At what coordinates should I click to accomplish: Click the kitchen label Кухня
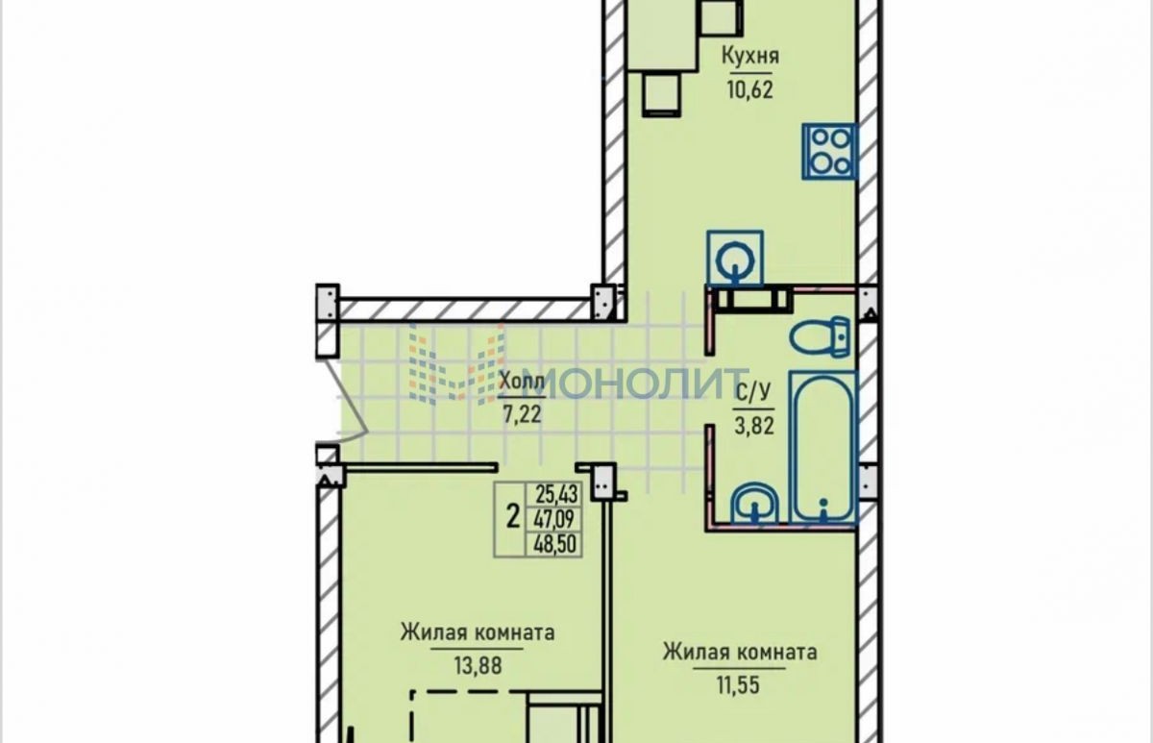click(750, 56)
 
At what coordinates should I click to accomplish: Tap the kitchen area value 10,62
click(750, 90)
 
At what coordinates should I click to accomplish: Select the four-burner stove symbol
click(829, 151)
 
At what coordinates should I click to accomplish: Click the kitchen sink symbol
click(735, 259)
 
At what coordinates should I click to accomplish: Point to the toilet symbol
click(820, 337)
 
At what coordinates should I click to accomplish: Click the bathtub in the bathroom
click(822, 447)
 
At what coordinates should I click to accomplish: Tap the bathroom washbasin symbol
click(755, 503)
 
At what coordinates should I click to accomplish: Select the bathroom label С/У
click(754, 393)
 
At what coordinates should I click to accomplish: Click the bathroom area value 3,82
click(754, 427)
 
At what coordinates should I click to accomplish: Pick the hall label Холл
click(522, 382)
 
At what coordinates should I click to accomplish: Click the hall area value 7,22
click(522, 414)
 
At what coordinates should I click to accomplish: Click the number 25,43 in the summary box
click(557, 495)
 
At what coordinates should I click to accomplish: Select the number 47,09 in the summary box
click(555, 519)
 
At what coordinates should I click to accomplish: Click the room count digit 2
click(512, 516)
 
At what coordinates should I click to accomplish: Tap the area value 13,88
click(478, 666)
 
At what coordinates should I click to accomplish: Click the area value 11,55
click(739, 685)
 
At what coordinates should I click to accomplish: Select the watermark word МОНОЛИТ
click(638, 384)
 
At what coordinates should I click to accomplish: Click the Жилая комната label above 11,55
click(740, 653)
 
